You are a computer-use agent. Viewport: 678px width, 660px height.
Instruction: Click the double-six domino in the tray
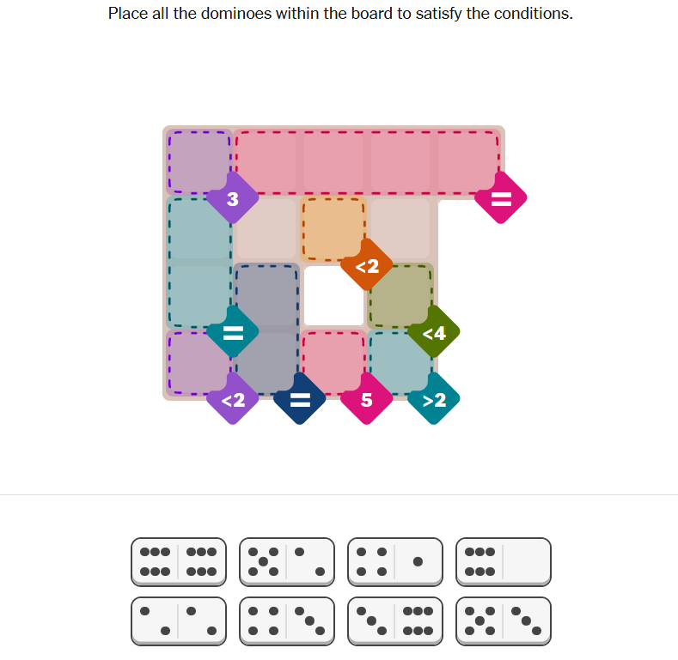coord(179,561)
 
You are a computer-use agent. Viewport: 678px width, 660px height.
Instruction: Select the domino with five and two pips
coord(287,561)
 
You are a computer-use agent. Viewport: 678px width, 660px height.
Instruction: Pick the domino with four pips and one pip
coord(395,561)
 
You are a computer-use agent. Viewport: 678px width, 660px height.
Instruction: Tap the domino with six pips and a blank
coord(504,561)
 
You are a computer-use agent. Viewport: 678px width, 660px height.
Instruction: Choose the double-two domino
coord(179,621)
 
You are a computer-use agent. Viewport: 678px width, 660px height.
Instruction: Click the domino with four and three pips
coord(287,621)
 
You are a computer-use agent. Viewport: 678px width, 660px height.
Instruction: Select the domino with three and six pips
coord(395,621)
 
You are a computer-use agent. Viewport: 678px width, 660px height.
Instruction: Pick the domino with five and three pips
coord(504,621)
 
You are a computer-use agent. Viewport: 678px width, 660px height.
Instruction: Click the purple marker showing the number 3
coord(232,199)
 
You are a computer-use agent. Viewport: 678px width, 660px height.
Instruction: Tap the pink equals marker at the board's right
coord(500,199)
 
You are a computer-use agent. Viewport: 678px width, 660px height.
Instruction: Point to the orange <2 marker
coord(367,266)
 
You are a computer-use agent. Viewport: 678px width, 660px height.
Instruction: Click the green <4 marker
coord(434,332)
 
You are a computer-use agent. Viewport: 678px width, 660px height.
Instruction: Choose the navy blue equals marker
coord(299,399)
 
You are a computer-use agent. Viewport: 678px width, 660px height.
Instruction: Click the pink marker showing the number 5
coord(367,399)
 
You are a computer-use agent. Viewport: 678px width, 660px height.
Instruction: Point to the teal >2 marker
coord(434,399)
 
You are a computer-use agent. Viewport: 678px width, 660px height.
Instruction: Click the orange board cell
coord(333,228)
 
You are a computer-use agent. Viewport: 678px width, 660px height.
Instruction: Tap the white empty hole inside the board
coord(333,295)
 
